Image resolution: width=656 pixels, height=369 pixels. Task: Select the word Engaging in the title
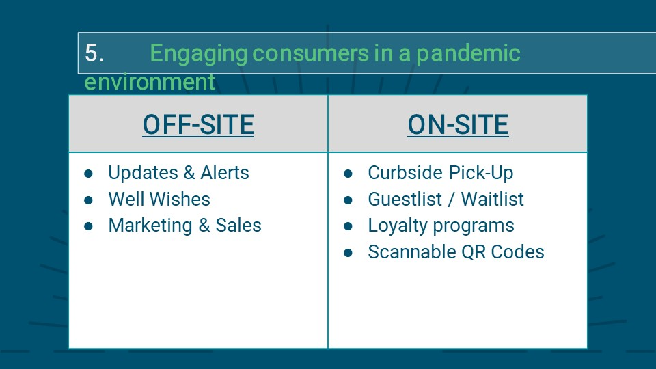click(x=199, y=55)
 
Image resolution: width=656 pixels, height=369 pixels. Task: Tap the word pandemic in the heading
click(x=468, y=55)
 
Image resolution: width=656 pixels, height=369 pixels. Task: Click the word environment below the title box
click(x=150, y=81)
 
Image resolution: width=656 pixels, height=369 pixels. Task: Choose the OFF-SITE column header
click(x=198, y=124)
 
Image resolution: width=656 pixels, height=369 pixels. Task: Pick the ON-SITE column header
click(x=458, y=124)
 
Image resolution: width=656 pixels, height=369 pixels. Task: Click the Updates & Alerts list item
click(x=178, y=173)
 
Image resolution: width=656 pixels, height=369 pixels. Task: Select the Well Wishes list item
click(x=159, y=199)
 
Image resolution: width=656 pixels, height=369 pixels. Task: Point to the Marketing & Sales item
click(x=185, y=225)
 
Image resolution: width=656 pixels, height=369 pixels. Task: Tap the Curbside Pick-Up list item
click(x=441, y=173)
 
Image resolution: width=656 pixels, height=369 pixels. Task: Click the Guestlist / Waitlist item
click(x=446, y=199)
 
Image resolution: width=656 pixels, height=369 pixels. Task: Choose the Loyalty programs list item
click(x=441, y=226)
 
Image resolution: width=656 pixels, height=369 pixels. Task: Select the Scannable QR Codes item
click(x=456, y=252)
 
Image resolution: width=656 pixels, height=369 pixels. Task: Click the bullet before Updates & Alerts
click(x=88, y=174)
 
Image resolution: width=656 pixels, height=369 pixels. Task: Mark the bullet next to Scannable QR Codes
click(x=348, y=253)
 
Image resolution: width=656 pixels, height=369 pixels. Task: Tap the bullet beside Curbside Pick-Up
click(x=348, y=174)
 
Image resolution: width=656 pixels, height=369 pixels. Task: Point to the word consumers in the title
click(x=311, y=53)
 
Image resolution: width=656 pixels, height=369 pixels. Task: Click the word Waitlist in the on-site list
click(x=493, y=199)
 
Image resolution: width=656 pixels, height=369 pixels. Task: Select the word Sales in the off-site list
click(x=238, y=225)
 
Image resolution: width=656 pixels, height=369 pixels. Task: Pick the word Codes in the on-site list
click(x=517, y=252)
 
